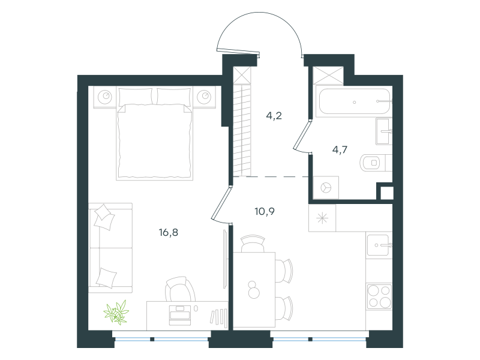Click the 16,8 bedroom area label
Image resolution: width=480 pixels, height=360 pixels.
[169, 233]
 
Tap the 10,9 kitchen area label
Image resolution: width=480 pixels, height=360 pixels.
[265, 211]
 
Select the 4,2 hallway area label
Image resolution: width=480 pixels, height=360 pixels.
[274, 116]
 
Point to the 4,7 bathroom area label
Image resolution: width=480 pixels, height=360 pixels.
[340, 149]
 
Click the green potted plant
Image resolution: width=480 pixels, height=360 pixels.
[116, 312]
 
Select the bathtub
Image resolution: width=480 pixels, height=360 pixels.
[353, 101]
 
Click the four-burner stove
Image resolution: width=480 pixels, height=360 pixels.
[379, 296]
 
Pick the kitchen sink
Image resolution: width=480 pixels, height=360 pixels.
[379, 245]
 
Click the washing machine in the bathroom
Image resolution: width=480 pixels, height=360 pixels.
[326, 187]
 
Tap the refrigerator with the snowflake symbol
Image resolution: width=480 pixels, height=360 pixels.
[322, 218]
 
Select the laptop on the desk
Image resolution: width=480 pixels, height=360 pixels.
[180, 316]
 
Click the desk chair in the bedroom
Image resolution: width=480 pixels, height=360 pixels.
[180, 289]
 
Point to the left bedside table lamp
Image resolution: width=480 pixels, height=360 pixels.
[105, 97]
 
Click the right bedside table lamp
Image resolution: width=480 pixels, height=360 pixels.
[204, 97]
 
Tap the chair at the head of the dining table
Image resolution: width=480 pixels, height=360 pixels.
[253, 244]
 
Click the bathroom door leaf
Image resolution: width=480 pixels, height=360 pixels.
[302, 135]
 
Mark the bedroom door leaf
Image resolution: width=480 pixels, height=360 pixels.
[220, 203]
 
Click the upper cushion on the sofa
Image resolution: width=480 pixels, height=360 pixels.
[104, 217]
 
